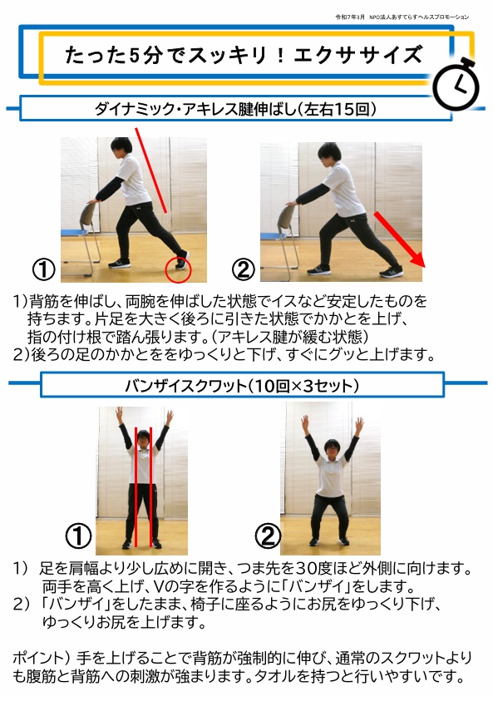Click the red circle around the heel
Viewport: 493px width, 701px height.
[178, 269]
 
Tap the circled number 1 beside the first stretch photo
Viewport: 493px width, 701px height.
[43, 269]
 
